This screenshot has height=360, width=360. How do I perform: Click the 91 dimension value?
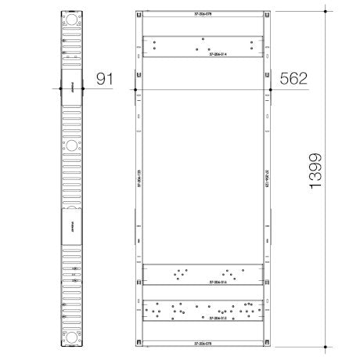coord(105,79)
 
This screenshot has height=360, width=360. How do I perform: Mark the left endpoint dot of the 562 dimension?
coord(135,88)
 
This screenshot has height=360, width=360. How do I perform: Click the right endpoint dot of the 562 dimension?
coord(270,88)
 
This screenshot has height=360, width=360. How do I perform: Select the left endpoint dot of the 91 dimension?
coord(57,88)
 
